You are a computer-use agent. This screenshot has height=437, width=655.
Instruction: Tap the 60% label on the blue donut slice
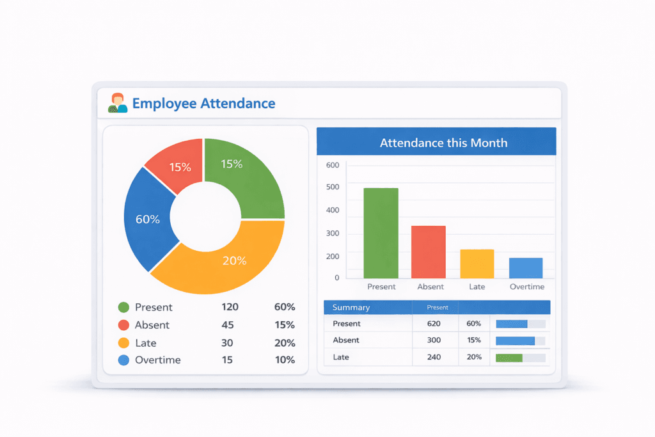(148, 219)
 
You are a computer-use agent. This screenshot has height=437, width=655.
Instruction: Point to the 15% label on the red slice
(180, 167)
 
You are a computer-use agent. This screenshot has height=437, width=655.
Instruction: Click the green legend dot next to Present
(124, 307)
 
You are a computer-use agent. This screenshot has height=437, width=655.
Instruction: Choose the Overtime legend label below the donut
(157, 360)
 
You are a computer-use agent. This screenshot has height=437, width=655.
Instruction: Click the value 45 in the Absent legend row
(227, 325)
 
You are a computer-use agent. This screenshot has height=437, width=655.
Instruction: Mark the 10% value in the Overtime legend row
(284, 360)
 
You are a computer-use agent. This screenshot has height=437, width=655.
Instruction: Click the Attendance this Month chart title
(443, 143)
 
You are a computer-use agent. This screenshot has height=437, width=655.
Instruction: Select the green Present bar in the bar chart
(381, 233)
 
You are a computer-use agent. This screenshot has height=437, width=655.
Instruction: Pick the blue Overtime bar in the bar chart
(526, 267)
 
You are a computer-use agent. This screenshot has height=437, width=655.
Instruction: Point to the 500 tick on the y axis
(333, 187)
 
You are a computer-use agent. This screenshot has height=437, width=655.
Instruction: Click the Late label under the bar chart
(477, 287)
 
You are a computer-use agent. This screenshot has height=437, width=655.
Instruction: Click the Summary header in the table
(351, 307)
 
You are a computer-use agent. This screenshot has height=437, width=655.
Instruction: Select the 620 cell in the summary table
(434, 324)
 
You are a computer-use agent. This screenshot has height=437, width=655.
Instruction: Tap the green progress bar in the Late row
(509, 358)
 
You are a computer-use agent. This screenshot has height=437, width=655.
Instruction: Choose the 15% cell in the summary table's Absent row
(474, 340)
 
